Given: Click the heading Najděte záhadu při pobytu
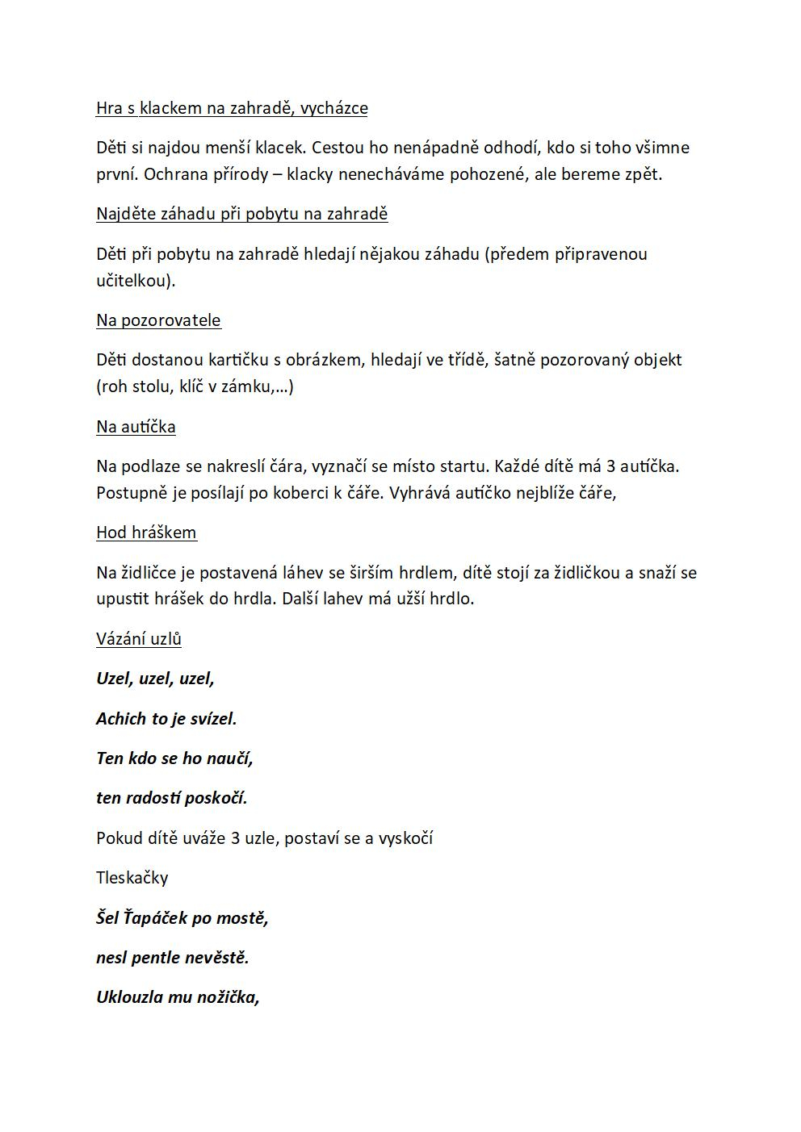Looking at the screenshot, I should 241,214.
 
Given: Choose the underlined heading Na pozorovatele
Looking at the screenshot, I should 158,320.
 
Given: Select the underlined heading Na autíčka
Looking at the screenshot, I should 136,427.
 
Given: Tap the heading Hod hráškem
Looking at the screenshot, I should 146,533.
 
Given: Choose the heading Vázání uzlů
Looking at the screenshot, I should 139,639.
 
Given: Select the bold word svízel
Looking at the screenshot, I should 212,719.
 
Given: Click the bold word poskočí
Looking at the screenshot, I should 216,798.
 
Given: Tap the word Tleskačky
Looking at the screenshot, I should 132,878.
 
